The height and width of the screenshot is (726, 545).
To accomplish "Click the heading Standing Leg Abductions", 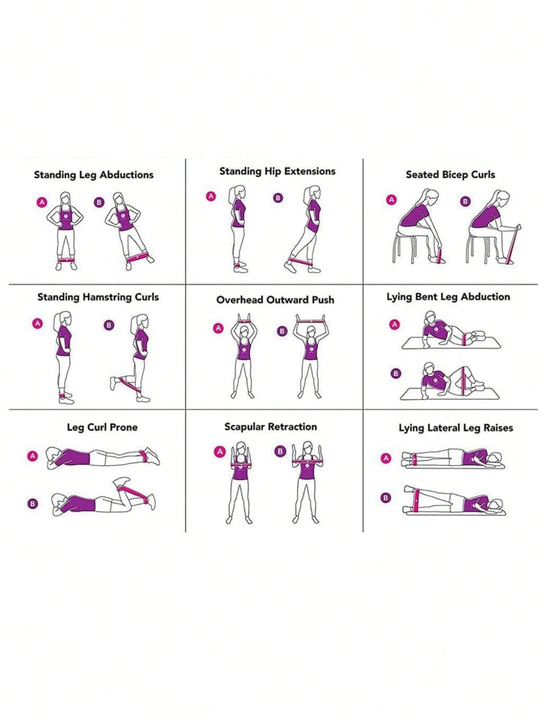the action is click(x=94, y=175).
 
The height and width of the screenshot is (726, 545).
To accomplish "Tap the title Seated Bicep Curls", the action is click(x=450, y=174).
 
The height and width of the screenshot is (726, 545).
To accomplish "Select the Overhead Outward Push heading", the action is click(x=275, y=300).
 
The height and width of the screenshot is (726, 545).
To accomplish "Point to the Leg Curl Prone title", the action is click(x=102, y=427).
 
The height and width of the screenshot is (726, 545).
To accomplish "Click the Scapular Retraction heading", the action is click(x=270, y=427).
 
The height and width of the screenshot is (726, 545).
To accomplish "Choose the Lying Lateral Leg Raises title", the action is click(x=456, y=428).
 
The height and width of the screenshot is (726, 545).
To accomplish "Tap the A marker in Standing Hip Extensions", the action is click(x=211, y=196).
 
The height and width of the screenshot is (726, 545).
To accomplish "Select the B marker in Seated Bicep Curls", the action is click(x=465, y=201).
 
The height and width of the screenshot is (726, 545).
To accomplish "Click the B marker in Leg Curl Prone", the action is click(x=33, y=504).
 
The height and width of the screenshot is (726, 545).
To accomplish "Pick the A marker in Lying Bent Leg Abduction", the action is click(x=394, y=325).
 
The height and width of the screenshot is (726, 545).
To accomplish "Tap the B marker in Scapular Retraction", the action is click(x=280, y=451).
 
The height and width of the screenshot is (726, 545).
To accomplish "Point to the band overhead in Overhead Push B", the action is click(x=311, y=321).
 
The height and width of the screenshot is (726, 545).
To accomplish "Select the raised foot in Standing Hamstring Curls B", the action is click(x=114, y=383).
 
